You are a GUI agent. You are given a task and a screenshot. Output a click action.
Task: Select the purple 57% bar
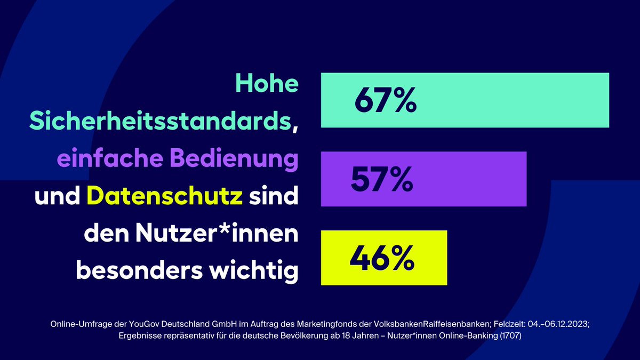[469, 179]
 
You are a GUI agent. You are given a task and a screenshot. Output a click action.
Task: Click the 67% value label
[385, 101]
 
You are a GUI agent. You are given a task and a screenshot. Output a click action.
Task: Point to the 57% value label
[381, 180]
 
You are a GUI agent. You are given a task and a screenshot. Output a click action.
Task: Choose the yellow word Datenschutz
[165, 197]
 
